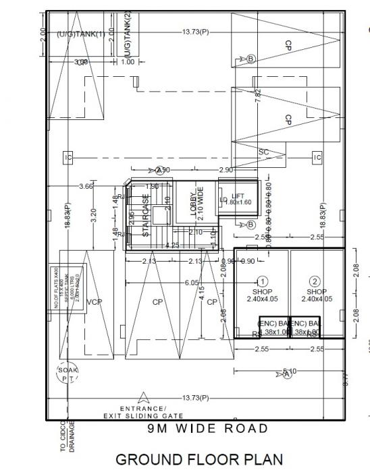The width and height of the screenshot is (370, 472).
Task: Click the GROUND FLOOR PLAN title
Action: [x=196, y=459]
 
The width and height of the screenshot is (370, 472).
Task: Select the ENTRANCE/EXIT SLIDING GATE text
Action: [x=142, y=413]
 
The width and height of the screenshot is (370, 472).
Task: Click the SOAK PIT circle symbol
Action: [x=67, y=374]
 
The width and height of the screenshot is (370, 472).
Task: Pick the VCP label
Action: [x=94, y=302]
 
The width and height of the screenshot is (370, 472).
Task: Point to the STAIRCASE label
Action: [x=145, y=216]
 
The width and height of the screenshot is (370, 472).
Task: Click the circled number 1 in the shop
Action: [x=263, y=282]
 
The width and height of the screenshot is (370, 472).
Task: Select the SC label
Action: [x=263, y=152]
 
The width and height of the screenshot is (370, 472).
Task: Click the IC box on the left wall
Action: [x=68, y=157]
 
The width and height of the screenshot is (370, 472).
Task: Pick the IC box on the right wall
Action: [x=317, y=157]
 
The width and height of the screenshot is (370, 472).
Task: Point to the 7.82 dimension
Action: [x=257, y=94]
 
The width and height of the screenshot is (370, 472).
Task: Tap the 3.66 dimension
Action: [x=86, y=185]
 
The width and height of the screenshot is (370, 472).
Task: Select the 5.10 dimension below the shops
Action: [x=290, y=371]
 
